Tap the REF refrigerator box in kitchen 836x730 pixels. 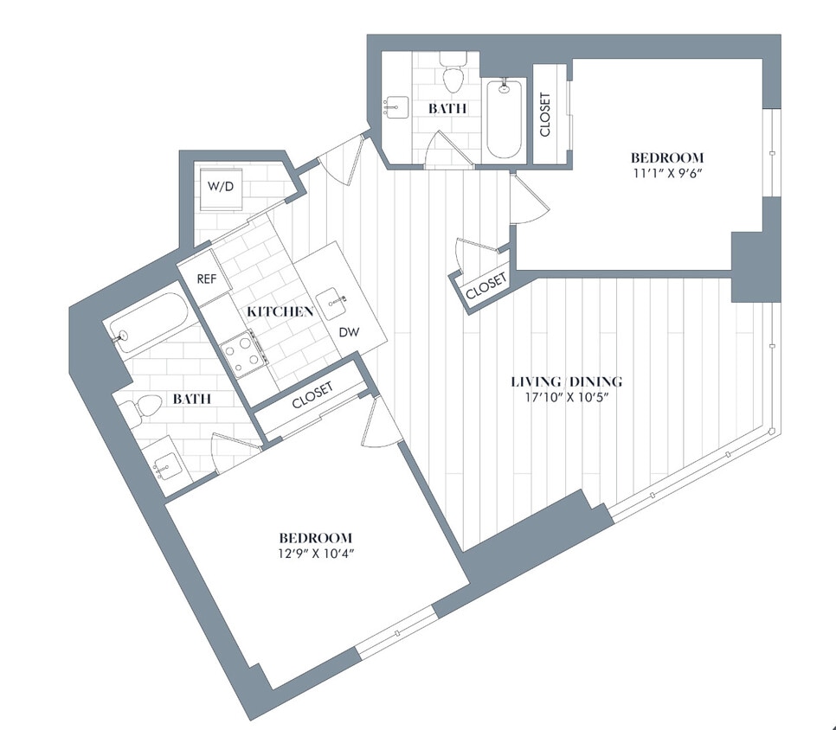pyautogui.click(x=206, y=279)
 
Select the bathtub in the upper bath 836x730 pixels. pyautogui.click(x=504, y=118)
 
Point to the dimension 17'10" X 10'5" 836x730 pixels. pyautogui.click(x=566, y=397)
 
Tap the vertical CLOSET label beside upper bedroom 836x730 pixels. pyautogui.click(x=545, y=115)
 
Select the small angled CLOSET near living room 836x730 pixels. pyautogui.click(x=486, y=287)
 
